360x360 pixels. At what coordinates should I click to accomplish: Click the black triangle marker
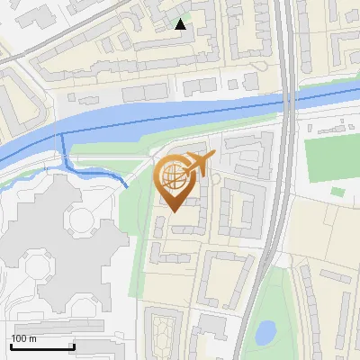(181, 24)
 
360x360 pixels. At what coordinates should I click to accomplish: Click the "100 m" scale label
(24, 338)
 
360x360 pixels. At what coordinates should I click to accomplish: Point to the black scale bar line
(42, 346)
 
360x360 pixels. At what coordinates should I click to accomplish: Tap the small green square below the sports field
(337, 192)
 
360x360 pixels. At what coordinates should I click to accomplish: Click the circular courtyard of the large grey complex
(82, 219)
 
